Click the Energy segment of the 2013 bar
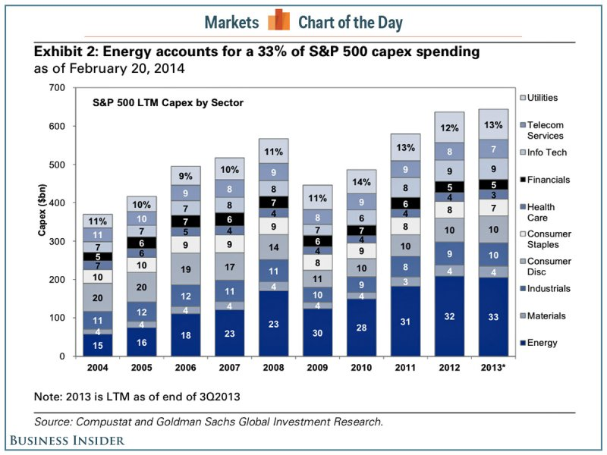click(x=494, y=317)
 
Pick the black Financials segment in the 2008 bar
click(x=273, y=202)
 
